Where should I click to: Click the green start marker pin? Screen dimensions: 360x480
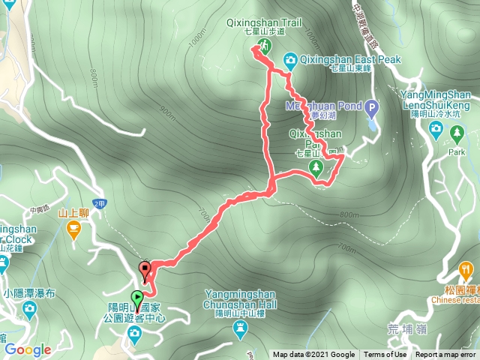pos(136,298)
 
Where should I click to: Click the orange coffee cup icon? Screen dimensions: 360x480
pos(73,231)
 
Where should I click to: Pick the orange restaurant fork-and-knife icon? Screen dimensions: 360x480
pos(466,268)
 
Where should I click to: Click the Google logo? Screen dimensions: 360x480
pos(27,349)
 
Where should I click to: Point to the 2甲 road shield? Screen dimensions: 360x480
pos(100,203)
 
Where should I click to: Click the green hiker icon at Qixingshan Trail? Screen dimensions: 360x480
pos(262,47)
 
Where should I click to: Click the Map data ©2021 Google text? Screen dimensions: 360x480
pos(313,355)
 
